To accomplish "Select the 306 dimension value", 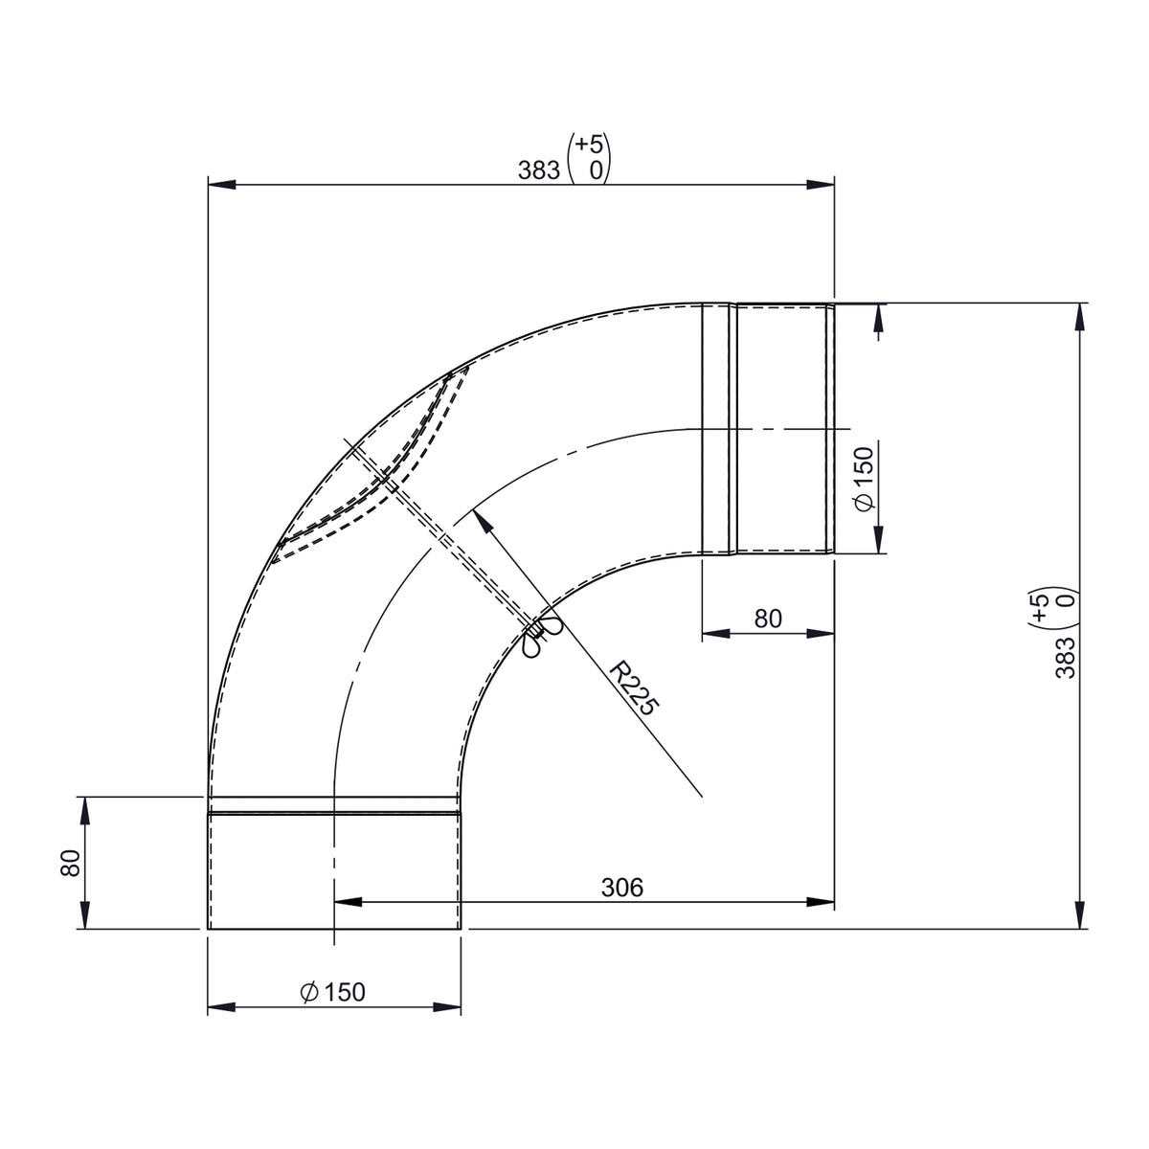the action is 622,888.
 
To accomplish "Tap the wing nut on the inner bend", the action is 539,636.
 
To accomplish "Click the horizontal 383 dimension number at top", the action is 538,170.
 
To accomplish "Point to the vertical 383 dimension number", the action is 1065,658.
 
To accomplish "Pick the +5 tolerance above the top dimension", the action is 589,145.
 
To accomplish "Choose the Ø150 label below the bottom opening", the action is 332,992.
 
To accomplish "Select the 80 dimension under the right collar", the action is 767,619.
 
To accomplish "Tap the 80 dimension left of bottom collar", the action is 70,863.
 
